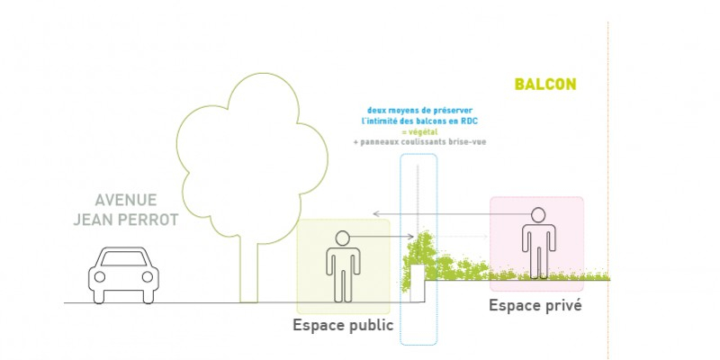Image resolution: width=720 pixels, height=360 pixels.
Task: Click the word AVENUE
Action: pyautogui.click(x=126, y=200)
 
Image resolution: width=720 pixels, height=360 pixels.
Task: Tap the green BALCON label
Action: pyautogui.click(x=544, y=85)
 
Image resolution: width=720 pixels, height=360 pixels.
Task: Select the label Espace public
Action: pyautogui.click(x=343, y=325)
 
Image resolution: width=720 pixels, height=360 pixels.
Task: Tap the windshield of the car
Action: pyautogui.click(x=125, y=257)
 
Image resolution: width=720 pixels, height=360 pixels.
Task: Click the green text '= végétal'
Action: pyautogui.click(x=418, y=132)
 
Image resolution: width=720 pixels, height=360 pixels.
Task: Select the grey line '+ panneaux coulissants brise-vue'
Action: pyautogui.click(x=419, y=142)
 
